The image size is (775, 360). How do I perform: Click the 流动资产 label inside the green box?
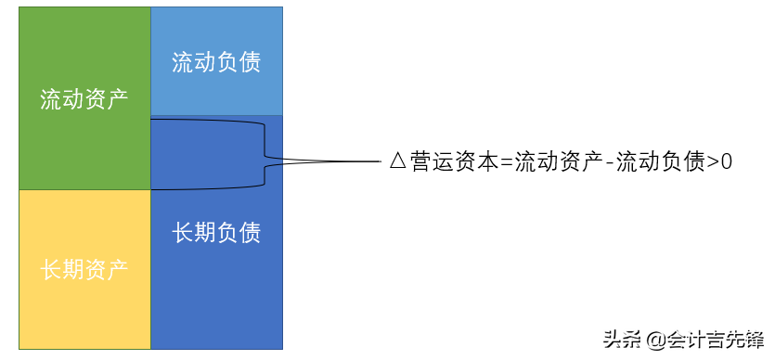pyautogui.click(x=84, y=98)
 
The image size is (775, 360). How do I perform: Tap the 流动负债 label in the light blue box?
pyautogui.click(x=215, y=62)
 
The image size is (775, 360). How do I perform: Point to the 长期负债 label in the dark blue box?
pyautogui.click(x=215, y=232)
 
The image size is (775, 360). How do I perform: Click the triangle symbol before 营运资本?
pyautogui.click(x=397, y=161)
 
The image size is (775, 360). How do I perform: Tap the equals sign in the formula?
pyautogui.click(x=506, y=161)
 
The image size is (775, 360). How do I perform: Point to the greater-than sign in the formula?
pyautogui.click(x=712, y=161)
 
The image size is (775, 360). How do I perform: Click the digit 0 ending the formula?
pyautogui.click(x=727, y=161)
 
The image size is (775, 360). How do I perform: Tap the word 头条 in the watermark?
pyautogui.click(x=624, y=339)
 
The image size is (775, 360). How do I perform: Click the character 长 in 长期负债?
pyautogui.click(x=183, y=232)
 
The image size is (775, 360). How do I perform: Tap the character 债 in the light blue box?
pyautogui.click(x=248, y=62)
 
